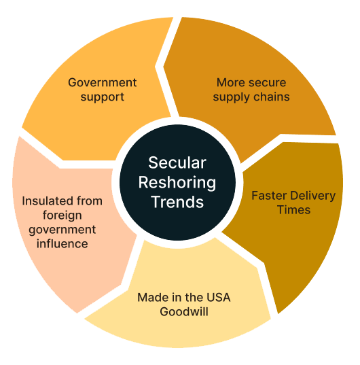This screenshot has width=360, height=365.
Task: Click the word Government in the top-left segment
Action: pyautogui.click(x=102, y=82)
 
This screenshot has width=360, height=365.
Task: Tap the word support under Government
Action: pyautogui.click(x=103, y=97)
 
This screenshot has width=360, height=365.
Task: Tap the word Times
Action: pyautogui.click(x=294, y=210)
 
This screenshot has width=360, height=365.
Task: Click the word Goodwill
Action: pyautogui.click(x=184, y=312)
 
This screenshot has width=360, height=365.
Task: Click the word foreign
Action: pyautogui.click(x=62, y=215)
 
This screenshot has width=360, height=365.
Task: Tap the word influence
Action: pyautogui.click(x=62, y=244)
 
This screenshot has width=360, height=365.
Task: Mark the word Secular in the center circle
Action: pyautogui.click(x=177, y=162)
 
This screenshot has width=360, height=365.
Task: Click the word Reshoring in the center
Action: pyautogui.click(x=177, y=183)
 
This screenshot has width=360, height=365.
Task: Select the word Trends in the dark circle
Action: pyautogui.click(x=177, y=202)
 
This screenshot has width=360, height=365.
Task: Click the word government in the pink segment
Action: pyautogui.click(x=62, y=230)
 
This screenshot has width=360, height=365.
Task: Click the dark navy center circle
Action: pyautogui.click(x=177, y=182)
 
